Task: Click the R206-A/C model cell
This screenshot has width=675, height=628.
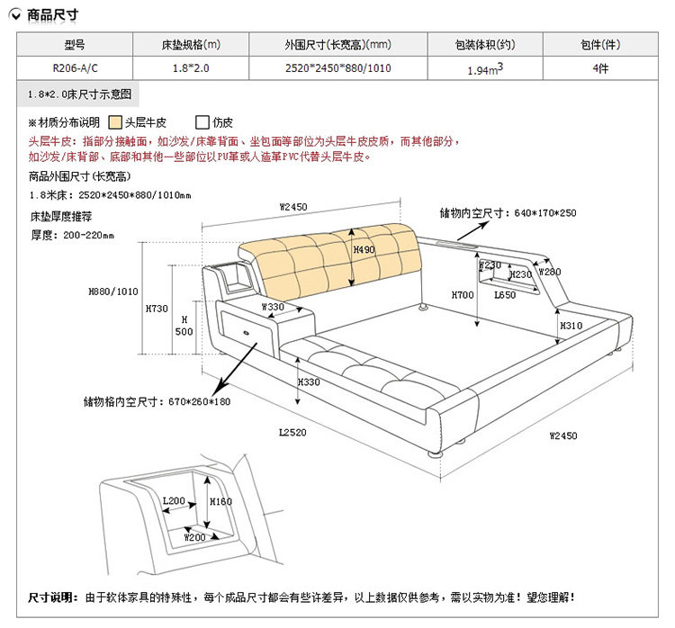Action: (x=76, y=67)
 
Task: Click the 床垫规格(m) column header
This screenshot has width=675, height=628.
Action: (x=191, y=44)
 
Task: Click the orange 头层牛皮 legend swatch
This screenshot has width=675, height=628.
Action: (x=116, y=122)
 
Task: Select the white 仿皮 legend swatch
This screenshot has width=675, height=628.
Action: (x=202, y=122)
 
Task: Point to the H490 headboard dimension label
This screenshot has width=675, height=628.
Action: (x=364, y=250)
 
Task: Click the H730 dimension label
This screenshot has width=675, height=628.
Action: (x=157, y=309)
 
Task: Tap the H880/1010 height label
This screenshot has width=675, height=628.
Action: (x=113, y=292)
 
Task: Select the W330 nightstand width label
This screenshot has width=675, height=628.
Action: (x=273, y=307)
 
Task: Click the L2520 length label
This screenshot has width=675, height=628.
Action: (x=292, y=433)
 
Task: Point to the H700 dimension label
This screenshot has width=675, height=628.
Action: (x=463, y=294)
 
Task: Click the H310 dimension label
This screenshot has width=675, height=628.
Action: (x=571, y=326)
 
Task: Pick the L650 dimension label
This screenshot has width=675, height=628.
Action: (x=505, y=294)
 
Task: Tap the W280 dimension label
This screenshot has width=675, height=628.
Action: (x=549, y=271)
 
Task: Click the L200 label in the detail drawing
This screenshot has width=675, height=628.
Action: (x=174, y=501)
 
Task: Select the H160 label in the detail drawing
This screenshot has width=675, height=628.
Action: (x=220, y=501)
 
